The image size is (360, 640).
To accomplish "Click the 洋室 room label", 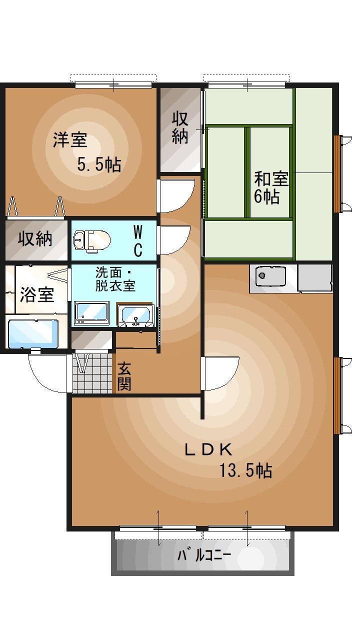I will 70,140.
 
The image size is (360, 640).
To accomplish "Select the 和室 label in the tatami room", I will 271,178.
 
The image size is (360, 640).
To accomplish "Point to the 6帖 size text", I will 266,196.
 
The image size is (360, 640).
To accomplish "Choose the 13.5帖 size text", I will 246,470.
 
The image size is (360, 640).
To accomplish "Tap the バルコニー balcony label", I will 204,555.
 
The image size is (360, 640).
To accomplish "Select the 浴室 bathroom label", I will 36,294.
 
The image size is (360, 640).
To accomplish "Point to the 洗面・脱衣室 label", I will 115,279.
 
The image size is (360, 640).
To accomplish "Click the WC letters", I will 138,240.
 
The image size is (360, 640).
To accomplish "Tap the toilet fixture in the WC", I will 90,240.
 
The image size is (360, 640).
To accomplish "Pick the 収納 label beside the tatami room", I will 180,127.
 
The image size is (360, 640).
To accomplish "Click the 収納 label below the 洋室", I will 35,238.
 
